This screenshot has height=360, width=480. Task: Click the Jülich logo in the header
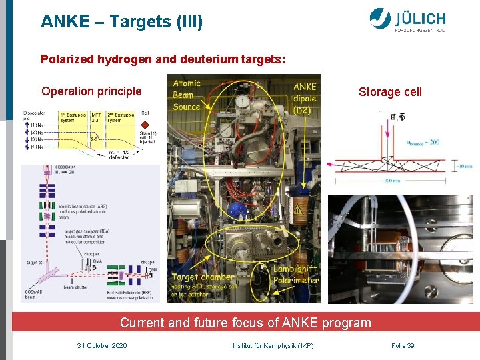click(408, 20)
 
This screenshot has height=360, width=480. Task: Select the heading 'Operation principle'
click(91, 91)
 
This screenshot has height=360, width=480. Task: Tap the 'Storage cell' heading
click(390, 92)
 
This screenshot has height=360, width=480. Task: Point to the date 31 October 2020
click(102, 345)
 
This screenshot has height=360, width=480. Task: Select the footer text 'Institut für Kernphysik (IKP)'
click(273, 345)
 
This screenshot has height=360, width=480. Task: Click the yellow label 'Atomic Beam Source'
click(187, 95)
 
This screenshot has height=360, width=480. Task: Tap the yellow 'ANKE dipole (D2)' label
click(305, 97)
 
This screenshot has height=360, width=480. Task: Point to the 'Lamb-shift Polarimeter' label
click(295, 274)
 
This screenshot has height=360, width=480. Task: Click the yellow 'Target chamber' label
click(203, 277)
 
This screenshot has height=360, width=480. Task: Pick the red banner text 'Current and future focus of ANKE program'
click(245, 323)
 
